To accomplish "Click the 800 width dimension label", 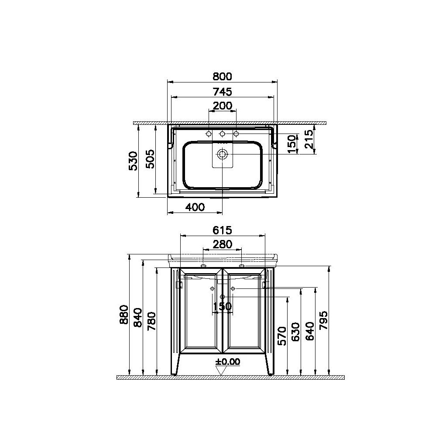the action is pos(223,76).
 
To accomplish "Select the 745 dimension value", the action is pos(223,92).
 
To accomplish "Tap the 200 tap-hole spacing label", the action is pos(223,106).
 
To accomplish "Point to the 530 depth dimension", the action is pos(133,161).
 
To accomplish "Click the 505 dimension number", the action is pos(150,159).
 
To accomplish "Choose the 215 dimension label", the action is pos(309,139).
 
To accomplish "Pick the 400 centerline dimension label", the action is pos(195,207).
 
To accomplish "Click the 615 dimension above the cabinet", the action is pos(223,230).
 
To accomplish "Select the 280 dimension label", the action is pos(223,244).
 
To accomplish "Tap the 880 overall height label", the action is pos(123,314).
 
